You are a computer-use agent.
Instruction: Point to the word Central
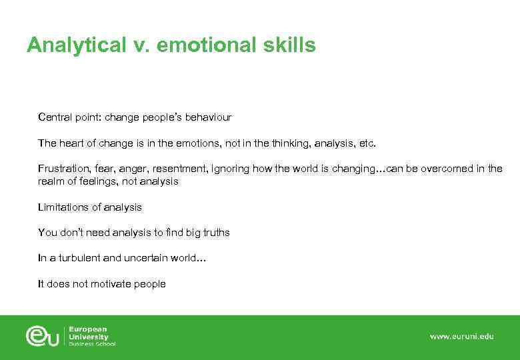55,117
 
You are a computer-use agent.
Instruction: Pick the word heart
71,143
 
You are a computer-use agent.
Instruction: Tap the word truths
215,233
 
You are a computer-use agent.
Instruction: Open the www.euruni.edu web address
461,337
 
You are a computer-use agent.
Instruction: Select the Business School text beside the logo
92,344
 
